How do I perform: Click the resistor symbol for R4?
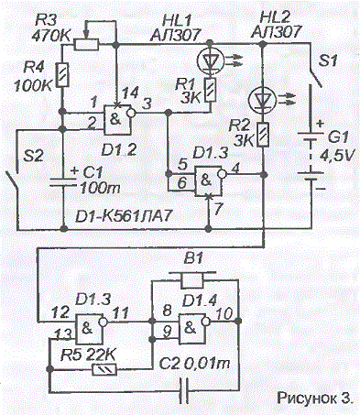click(61, 75)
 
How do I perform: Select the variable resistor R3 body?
click(86, 45)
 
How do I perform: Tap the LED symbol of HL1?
click(210, 60)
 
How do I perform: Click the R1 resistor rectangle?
click(210, 90)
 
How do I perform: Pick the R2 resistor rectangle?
click(263, 134)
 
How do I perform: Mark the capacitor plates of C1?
click(63, 181)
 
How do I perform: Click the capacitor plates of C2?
click(184, 391)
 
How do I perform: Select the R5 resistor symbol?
click(104, 370)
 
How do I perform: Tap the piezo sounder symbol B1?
click(192, 278)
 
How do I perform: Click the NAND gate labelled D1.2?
click(118, 120)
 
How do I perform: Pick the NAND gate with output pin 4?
click(210, 180)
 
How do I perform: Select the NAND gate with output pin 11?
click(91, 329)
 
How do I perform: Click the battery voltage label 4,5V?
click(337, 156)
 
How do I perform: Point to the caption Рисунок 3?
click(315, 398)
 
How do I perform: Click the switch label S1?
click(328, 61)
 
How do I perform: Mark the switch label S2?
click(34, 156)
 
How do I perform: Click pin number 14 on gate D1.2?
click(130, 92)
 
